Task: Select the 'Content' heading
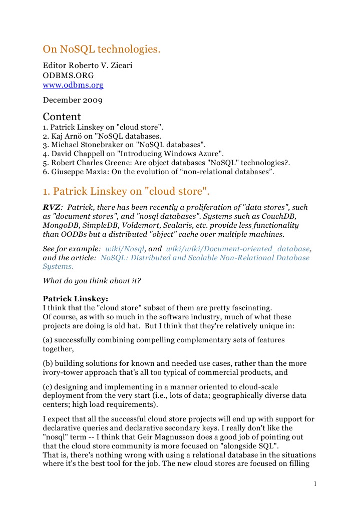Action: click(62, 117)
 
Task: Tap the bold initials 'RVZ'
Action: click(52, 207)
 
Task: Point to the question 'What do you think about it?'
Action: click(92, 281)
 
